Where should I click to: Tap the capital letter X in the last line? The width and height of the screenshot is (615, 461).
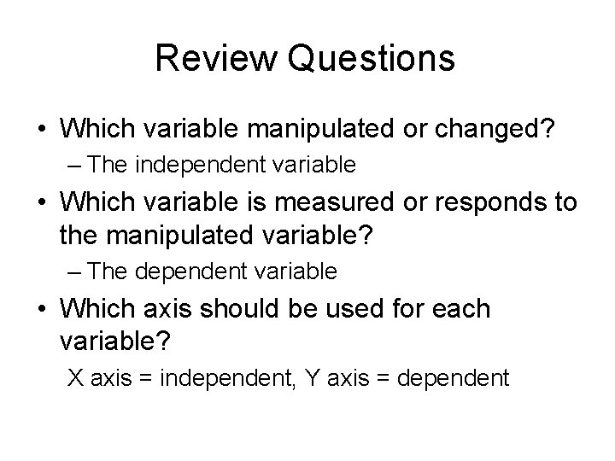click(75, 376)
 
